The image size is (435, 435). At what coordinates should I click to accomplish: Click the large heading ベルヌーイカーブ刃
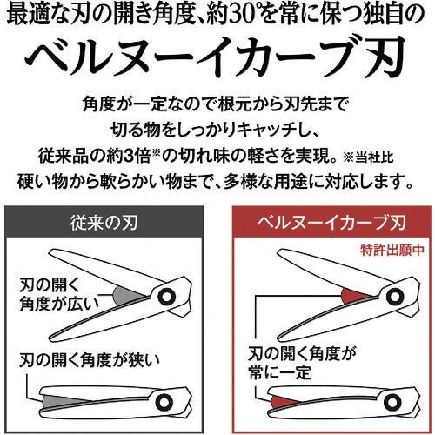pyautogui.click(x=215, y=57)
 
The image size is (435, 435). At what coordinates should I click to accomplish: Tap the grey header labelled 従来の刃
pyautogui.click(x=104, y=222)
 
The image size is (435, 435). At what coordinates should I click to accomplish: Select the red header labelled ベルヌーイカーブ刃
pyautogui.click(x=331, y=222)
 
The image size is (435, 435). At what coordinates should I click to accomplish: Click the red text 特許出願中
pyautogui.click(x=392, y=250)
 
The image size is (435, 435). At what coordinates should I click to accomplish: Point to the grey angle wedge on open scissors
pyautogui.click(x=125, y=296)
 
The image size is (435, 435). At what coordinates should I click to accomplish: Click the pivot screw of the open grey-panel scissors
pyautogui.click(x=166, y=297)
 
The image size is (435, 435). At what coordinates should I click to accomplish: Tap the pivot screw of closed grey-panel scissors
pyautogui.click(x=164, y=402)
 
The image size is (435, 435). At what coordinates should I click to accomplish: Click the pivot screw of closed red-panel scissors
pyautogui.click(x=392, y=402)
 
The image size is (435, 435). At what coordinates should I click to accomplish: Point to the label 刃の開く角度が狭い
pyautogui.click(x=90, y=360)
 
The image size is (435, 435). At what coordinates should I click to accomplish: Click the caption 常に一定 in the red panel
pyautogui.click(x=280, y=372)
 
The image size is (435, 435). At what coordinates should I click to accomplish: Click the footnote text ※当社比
pyautogui.click(x=369, y=157)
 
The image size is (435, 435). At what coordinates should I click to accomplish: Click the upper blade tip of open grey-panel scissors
pyautogui.click(x=50, y=253)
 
